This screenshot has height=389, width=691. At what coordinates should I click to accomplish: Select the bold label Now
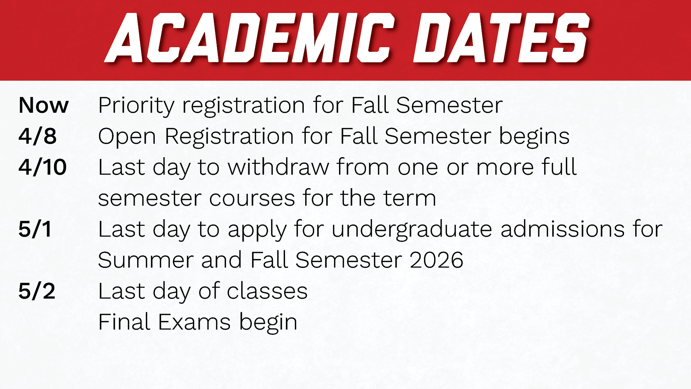[44, 105]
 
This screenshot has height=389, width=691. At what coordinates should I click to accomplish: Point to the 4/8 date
[37, 136]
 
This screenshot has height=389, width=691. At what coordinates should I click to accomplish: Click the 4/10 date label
[42, 167]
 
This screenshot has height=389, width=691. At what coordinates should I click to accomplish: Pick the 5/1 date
[35, 229]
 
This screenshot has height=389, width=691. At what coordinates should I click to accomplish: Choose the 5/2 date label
[37, 291]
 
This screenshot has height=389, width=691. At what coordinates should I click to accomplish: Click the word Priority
[136, 106]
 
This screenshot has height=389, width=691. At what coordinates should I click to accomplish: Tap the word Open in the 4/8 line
[127, 137]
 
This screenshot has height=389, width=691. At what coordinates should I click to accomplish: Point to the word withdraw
[278, 167]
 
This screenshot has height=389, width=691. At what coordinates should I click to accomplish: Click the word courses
[252, 199]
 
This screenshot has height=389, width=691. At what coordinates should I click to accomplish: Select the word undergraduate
[411, 230]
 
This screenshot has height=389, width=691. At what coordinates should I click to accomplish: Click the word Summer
[145, 260]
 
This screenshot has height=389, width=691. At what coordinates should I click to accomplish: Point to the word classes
[267, 291]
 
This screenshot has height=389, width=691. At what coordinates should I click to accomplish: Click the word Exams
[194, 322]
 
